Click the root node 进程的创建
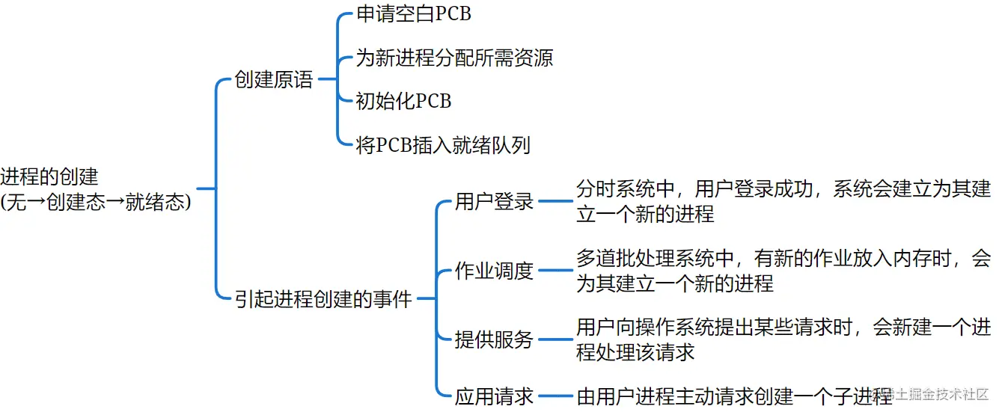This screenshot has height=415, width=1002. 49,177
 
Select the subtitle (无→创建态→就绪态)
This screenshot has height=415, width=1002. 96,202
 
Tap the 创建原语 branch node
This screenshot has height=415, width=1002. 273,80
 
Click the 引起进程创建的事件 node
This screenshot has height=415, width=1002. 323,300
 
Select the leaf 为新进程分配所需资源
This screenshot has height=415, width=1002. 454,58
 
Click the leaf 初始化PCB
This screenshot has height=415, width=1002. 403,101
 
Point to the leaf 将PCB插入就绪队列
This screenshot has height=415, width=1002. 443,144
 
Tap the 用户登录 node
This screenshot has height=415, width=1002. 494,201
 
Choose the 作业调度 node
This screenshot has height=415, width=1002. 494,271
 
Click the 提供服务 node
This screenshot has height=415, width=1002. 494,339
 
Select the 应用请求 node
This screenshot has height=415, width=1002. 494,396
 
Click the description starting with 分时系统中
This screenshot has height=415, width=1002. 783,201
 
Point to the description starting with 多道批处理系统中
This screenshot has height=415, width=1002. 783,271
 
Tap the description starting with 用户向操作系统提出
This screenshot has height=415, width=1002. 783,339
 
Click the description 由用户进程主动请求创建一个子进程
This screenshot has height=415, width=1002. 733,396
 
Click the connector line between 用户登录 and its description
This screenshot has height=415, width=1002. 555,201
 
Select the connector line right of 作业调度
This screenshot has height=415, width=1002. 555,271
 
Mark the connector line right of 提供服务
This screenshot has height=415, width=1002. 555,339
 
